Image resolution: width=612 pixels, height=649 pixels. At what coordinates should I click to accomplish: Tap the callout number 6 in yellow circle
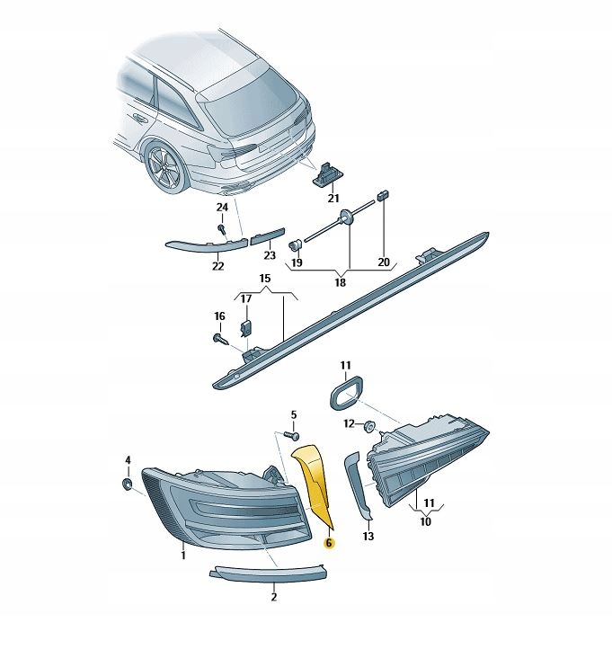329,543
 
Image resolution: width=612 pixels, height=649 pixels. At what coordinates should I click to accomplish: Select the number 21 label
333,199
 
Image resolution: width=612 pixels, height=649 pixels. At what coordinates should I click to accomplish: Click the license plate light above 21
324,173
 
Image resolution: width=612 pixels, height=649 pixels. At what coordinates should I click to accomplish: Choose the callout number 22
217,266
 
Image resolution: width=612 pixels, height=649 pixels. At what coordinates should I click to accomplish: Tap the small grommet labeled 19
296,245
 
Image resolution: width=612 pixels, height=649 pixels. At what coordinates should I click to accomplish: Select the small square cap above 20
382,195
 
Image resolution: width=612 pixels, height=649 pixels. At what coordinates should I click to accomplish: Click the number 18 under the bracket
340,282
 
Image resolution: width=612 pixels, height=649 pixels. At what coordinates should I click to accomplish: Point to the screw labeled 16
221,340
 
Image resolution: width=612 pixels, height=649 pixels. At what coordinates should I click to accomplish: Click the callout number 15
265,278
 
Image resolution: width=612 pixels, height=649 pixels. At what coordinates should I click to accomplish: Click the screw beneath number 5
292,435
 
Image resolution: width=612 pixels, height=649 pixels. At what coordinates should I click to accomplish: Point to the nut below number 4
128,484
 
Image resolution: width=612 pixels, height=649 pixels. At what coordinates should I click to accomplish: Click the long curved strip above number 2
268,573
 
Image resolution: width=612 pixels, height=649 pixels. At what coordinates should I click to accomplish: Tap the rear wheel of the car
164,166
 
